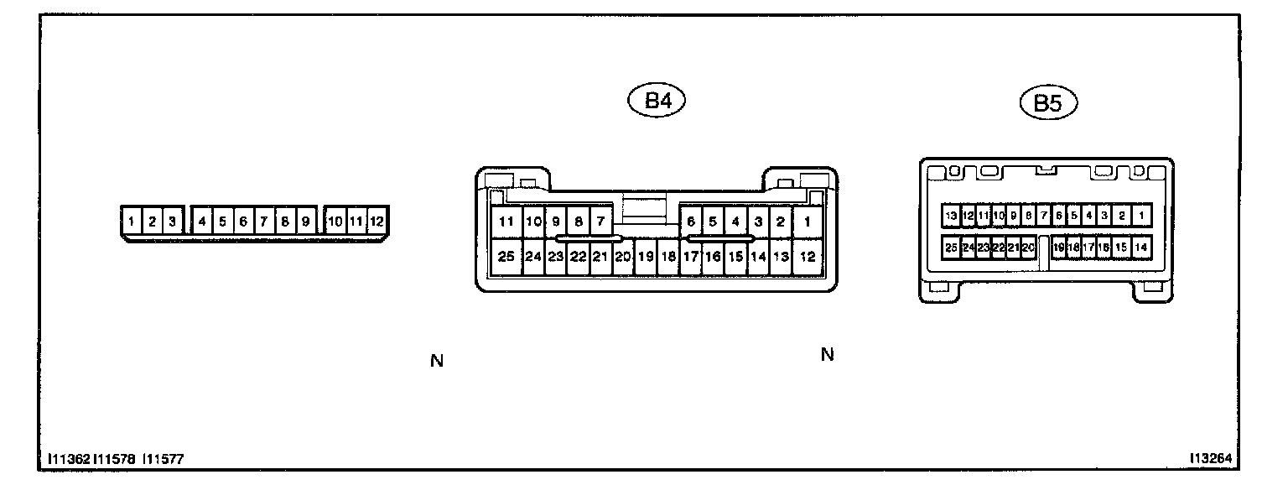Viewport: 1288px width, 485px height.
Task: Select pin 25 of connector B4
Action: [x=506, y=257]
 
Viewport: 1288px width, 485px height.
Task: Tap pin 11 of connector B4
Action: [x=506, y=222]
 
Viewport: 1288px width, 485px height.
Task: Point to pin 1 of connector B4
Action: [x=807, y=222]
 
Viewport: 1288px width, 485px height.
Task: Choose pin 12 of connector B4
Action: [x=807, y=257]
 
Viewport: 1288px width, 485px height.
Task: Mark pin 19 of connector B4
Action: [x=645, y=257]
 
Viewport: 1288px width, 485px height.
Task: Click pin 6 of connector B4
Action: [x=691, y=222]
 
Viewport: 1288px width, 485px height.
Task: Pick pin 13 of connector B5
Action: [x=951, y=216]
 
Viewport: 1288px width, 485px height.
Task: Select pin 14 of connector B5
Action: [x=1140, y=248]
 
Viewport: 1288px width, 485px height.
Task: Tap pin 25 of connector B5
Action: [x=951, y=248]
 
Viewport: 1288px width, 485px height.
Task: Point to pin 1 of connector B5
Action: [x=1142, y=216]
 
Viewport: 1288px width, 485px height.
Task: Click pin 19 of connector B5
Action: [x=1059, y=248]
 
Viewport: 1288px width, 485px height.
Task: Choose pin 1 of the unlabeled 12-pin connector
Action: [x=132, y=222]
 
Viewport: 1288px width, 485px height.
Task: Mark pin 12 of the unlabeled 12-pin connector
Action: [x=377, y=222]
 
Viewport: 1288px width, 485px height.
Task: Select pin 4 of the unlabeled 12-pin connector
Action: [x=202, y=222]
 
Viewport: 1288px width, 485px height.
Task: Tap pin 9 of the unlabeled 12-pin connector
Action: [x=305, y=222]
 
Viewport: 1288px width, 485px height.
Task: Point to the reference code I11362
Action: [x=69, y=460]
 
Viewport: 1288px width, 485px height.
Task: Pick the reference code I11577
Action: [x=164, y=460]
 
